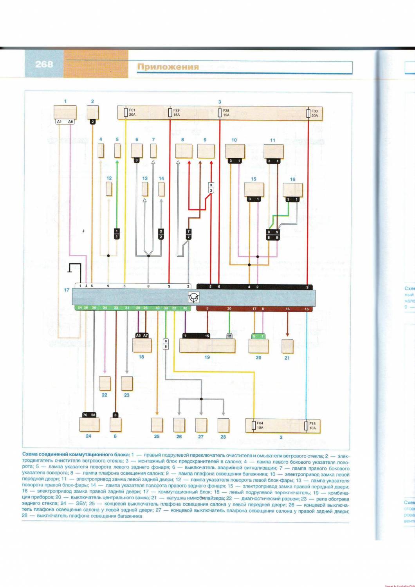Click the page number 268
click(x=44, y=64)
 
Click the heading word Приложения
click(x=168, y=67)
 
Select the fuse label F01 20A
click(x=132, y=113)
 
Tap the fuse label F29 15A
click(x=176, y=113)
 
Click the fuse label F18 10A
click(x=312, y=426)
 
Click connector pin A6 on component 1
click(x=70, y=122)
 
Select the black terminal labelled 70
click(x=85, y=415)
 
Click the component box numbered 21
click(x=287, y=346)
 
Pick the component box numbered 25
click(x=157, y=425)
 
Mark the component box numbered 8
click(x=184, y=151)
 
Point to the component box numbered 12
click(x=109, y=189)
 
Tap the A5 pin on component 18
click(x=138, y=335)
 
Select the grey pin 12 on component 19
click(x=229, y=336)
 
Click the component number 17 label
click(x=67, y=290)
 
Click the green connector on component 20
click(x=258, y=336)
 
